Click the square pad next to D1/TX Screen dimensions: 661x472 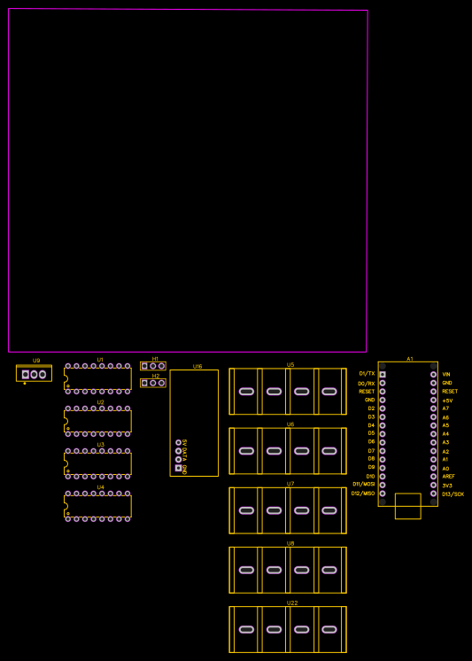(x=383, y=374)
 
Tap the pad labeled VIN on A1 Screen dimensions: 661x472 (x=433, y=374)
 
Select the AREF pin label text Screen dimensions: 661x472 (x=448, y=477)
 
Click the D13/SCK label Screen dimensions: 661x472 (x=453, y=494)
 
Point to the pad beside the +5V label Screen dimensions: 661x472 (x=433, y=400)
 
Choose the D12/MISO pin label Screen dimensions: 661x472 (x=362, y=494)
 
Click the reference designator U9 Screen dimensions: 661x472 (x=36, y=361)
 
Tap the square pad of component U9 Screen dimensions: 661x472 (x=26, y=375)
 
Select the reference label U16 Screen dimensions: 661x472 (x=197, y=366)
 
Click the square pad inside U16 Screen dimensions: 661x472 (x=178, y=468)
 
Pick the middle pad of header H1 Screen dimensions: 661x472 (x=153, y=366)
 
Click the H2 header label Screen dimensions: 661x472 (x=155, y=376)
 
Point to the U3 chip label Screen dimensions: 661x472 (x=100, y=445)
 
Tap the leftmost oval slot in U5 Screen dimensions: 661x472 (x=246, y=392)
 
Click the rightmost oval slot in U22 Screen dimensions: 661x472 (x=329, y=629)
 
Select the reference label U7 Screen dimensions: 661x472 (x=290, y=484)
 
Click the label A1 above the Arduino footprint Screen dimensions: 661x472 (x=410, y=359)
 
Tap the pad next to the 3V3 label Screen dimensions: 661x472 (x=433, y=485)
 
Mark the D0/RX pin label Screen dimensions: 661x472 (x=366, y=383)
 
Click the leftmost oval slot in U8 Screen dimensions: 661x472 (x=246, y=570)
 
